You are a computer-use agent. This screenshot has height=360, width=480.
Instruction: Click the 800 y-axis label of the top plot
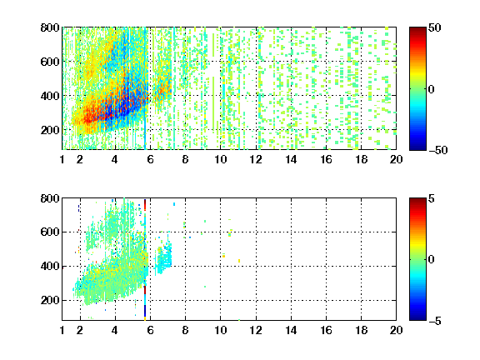50,27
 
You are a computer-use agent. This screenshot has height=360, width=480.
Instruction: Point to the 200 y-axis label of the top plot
50,130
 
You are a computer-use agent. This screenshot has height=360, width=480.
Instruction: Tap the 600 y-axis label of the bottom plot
50,232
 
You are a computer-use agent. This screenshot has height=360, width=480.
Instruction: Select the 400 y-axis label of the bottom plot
50,266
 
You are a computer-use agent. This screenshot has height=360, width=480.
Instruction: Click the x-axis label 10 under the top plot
220,159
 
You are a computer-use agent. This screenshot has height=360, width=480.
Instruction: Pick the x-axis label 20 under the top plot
396,159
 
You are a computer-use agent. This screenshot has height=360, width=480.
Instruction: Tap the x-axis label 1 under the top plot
62,159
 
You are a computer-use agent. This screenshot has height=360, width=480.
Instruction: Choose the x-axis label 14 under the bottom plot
291,330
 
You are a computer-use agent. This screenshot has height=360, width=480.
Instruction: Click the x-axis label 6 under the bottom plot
150,330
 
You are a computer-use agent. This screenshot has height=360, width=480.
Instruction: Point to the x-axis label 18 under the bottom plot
361,330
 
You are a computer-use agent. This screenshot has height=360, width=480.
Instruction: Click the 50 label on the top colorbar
434,27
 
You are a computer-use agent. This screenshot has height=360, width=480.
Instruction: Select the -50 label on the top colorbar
438,150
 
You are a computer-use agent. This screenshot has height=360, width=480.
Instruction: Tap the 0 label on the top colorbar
432,89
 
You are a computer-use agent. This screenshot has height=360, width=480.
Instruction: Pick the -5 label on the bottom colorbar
435,321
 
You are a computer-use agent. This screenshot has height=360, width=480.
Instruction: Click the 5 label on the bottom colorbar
432,198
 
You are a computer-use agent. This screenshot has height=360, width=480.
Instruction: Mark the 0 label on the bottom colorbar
432,260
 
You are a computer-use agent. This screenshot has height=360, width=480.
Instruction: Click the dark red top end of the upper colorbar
417,29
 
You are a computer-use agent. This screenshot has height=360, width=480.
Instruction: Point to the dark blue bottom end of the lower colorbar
417,318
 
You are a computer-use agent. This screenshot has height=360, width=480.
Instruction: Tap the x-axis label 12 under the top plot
256,159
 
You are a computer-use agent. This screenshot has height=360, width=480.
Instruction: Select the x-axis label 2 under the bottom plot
80,330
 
